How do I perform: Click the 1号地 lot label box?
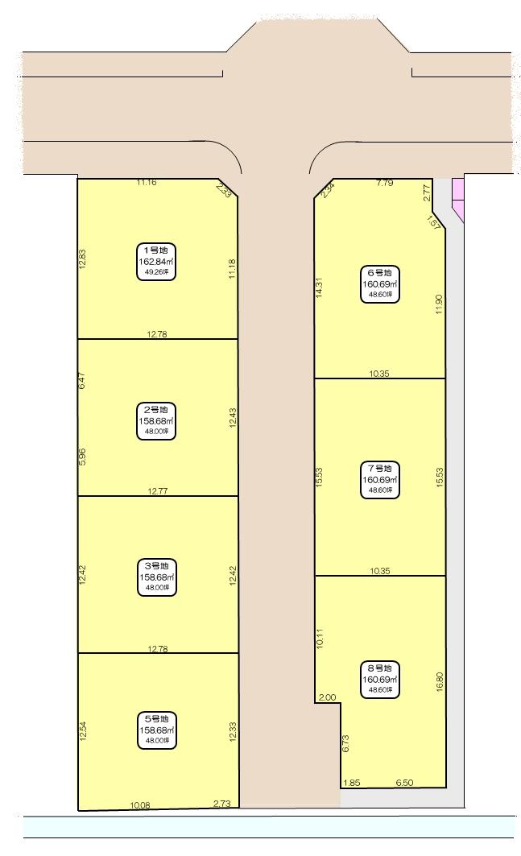156,262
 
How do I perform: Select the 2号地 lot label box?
156,421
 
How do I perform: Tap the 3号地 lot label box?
157,577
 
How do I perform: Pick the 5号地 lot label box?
157,730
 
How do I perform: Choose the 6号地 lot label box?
380,284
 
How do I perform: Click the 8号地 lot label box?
380,680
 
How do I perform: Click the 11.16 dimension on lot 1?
147,182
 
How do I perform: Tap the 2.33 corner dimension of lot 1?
224,190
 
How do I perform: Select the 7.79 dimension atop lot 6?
385,183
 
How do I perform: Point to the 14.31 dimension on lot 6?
319,287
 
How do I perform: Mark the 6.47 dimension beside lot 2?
82,381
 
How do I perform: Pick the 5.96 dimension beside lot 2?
82,457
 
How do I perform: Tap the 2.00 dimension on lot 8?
327,697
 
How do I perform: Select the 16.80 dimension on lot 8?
440,682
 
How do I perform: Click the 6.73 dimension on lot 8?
345,743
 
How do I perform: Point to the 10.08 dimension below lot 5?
140,804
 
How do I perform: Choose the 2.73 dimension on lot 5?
222,804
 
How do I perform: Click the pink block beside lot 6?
457,200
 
